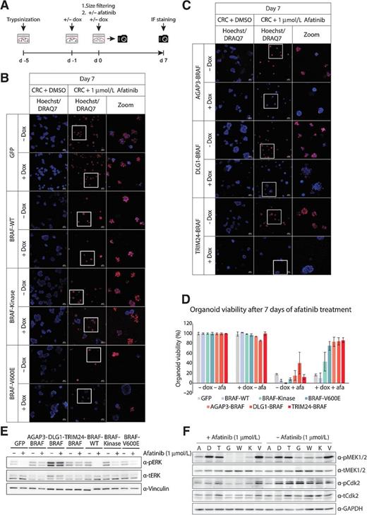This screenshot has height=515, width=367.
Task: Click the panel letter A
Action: point(6,6)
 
